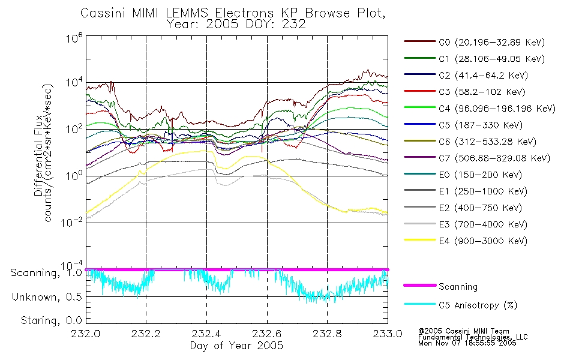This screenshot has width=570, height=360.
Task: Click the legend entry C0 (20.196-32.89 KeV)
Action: pos(475,42)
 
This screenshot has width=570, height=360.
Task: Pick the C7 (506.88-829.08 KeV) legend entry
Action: pos(477,158)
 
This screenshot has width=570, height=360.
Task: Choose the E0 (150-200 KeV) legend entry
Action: pos(463,175)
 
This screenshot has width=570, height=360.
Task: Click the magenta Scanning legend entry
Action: pos(440,287)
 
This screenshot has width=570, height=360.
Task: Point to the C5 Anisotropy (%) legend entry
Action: pos(461,305)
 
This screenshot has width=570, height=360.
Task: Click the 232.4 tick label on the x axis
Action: pos(207,334)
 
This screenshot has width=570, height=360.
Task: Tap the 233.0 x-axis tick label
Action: pos(388,334)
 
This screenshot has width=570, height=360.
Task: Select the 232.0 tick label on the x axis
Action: pos(86,334)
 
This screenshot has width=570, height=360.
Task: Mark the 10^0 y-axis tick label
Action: pos(74,175)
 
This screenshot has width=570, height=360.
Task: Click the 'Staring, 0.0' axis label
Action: pos(51,320)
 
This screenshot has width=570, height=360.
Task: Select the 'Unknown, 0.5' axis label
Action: pos(47,297)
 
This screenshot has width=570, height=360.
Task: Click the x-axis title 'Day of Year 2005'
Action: pos(236,346)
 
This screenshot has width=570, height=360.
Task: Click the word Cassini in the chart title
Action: pos(103,13)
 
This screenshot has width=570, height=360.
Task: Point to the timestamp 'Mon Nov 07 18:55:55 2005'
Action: pos(467,343)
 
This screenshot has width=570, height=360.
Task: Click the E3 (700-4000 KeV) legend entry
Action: pos(466,224)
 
